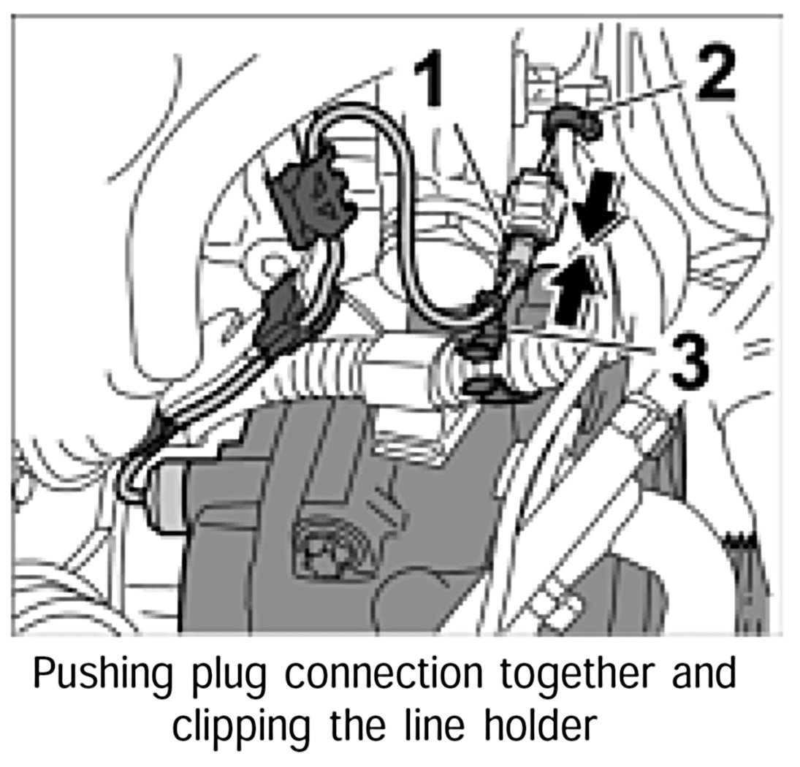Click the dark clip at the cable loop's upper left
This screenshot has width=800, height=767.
tap(311, 191)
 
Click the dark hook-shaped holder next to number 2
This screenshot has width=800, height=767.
tap(574, 123)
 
